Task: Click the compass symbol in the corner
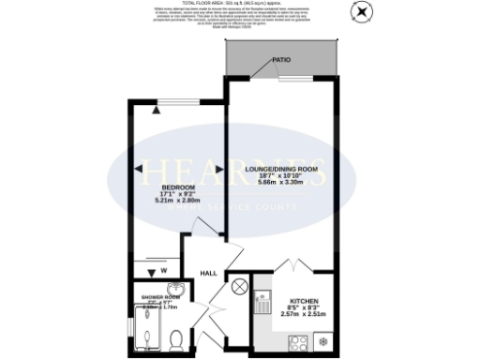(x=362, y=11)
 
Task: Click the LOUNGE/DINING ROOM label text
(x=281, y=169)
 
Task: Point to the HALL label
(x=208, y=274)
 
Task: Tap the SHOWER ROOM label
(x=159, y=297)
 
